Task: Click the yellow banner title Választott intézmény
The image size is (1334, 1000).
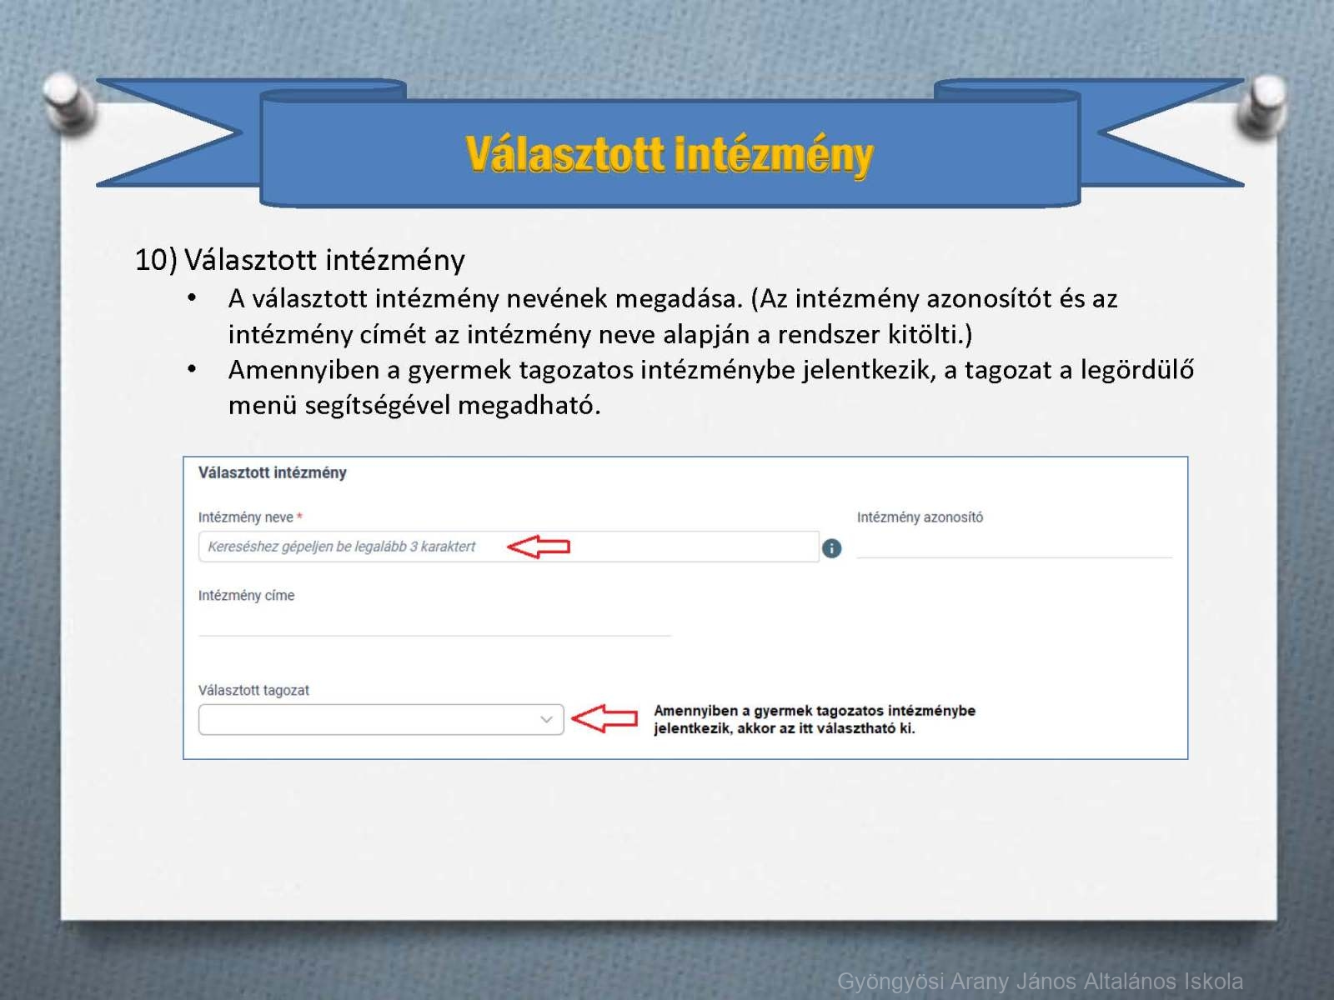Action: point(670,154)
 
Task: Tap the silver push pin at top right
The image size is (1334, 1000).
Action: point(1263,104)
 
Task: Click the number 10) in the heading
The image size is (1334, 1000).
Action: point(156,260)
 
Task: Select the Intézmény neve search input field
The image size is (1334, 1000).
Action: point(508,547)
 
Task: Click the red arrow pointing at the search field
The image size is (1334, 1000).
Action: point(539,547)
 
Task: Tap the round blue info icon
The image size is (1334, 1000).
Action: point(831,548)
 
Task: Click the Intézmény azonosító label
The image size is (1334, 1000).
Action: point(920,517)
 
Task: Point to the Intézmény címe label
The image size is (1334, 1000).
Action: point(246,596)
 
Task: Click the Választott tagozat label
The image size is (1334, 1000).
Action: point(253,690)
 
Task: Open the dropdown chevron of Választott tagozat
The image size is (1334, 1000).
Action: point(546,719)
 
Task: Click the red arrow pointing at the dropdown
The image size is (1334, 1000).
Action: point(604,719)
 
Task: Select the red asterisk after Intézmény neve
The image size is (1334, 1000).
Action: point(299,516)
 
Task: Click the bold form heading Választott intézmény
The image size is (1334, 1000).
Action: point(273,473)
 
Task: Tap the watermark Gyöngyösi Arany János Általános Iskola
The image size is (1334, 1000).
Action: point(1040,981)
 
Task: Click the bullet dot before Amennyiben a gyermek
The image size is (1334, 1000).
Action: point(192,368)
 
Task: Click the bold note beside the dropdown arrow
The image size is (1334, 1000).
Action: point(815,719)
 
